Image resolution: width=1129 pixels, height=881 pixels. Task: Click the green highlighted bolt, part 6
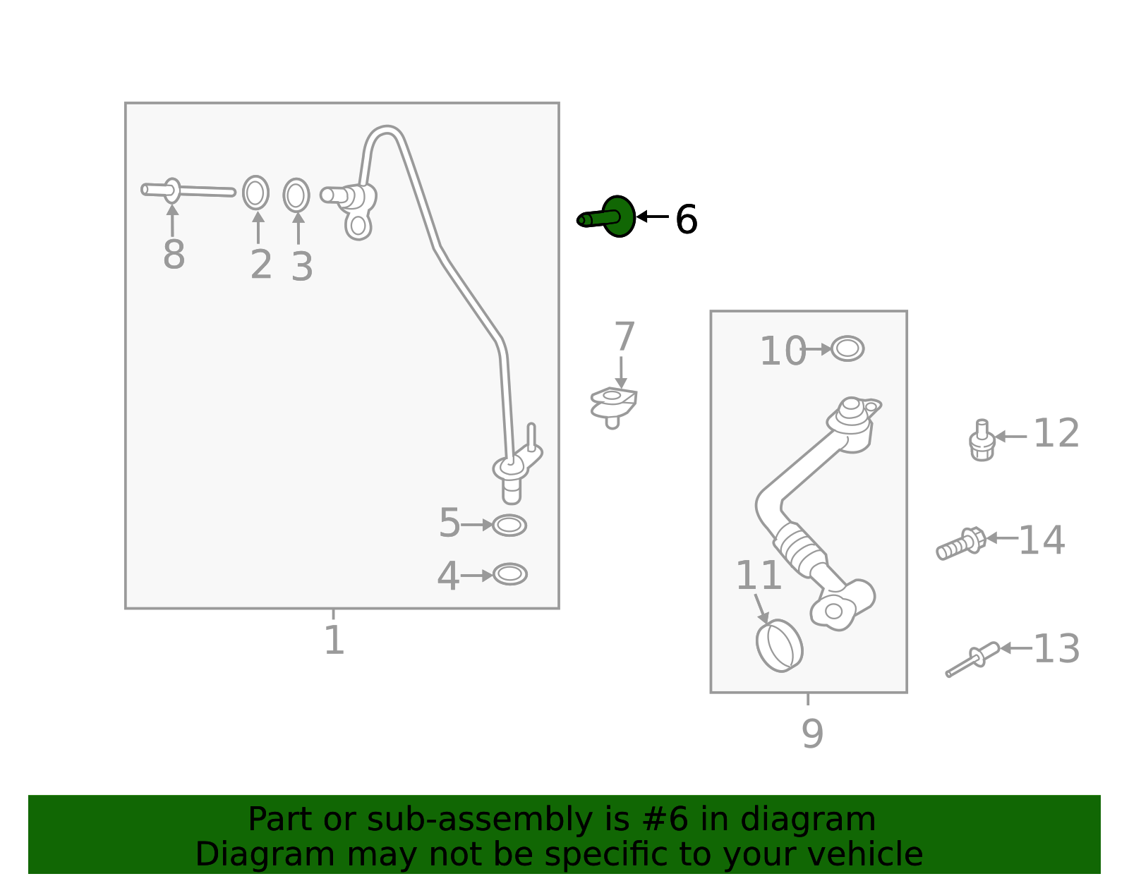point(611,217)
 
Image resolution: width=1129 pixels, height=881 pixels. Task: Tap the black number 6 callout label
point(686,219)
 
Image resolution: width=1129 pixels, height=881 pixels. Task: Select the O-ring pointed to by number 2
point(255,193)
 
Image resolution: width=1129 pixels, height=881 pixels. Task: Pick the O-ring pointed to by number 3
point(296,195)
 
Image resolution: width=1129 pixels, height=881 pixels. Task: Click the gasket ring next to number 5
point(509,525)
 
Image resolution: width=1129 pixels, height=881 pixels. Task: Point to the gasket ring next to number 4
point(509,574)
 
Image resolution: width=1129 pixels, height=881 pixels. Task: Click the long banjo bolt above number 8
point(188,190)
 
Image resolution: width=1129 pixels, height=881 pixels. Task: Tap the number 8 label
point(174,255)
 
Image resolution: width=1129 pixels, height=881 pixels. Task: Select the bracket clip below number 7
point(613,405)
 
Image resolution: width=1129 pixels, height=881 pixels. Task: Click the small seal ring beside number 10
point(847,348)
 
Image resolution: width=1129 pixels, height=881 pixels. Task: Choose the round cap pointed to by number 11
point(779,645)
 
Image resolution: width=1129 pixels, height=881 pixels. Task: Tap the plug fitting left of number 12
point(982,441)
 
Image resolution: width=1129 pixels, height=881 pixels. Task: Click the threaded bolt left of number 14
point(960,544)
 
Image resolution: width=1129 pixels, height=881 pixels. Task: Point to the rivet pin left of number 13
point(973,660)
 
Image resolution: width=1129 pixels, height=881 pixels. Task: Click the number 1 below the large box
point(334,640)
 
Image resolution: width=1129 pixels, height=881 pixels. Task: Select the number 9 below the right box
point(812,734)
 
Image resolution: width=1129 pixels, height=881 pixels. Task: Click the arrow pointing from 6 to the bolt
point(653,217)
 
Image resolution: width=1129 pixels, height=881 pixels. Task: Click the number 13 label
point(1056,649)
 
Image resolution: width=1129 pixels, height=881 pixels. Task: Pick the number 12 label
point(1056,433)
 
